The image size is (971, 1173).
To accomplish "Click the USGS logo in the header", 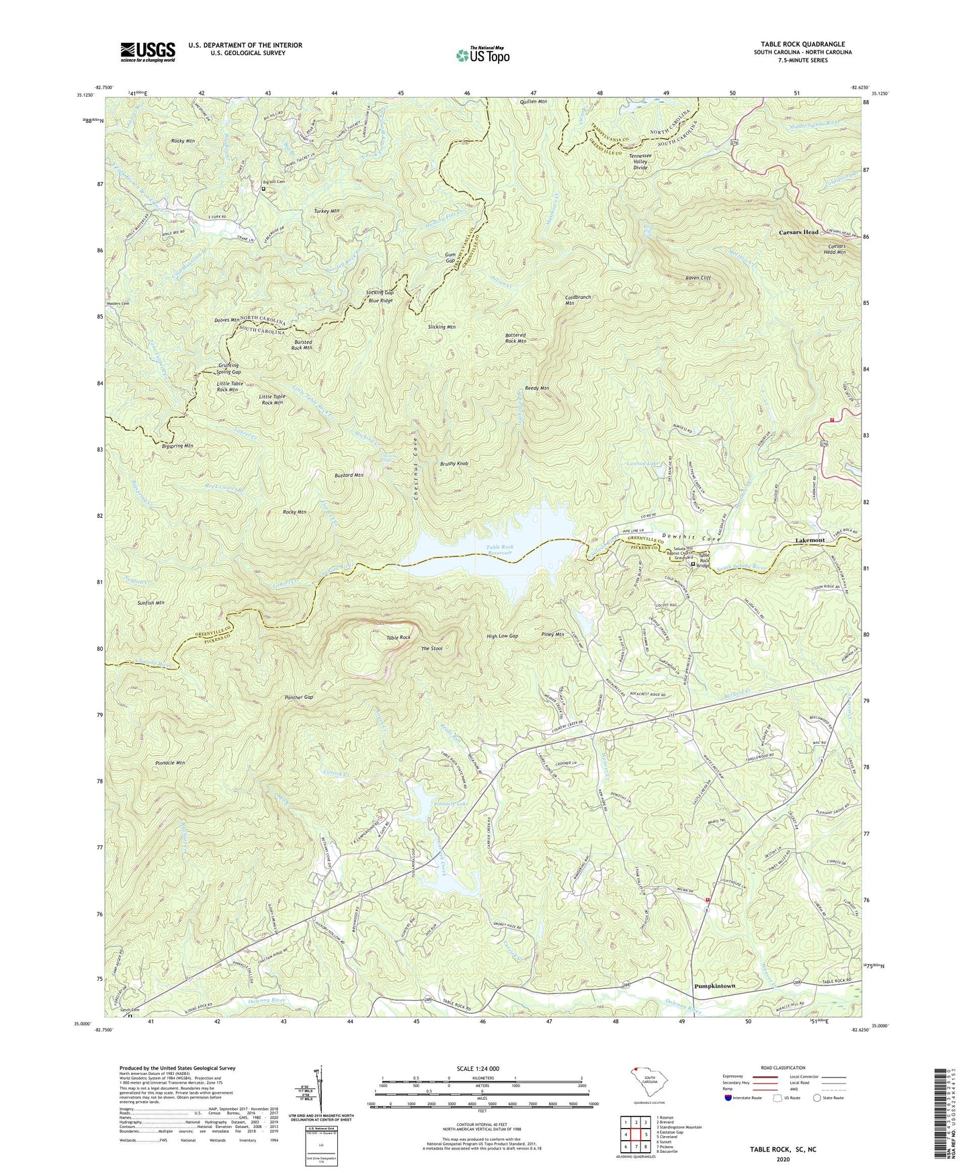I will coord(148,52).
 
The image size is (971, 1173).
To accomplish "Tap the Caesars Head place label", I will coord(798,232).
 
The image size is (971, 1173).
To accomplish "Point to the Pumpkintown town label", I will coord(714,986).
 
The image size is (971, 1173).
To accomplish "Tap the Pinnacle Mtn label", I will coord(170,763).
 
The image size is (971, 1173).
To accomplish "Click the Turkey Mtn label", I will coord(327,211).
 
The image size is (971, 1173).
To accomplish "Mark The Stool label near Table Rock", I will coord(431,648).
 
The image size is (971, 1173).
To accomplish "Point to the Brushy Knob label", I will coord(454,464).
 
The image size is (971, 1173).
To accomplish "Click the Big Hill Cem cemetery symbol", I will coord(263,189).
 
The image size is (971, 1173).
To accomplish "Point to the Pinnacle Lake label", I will coord(451,803).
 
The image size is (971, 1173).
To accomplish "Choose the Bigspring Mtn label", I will coord(177,445).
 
